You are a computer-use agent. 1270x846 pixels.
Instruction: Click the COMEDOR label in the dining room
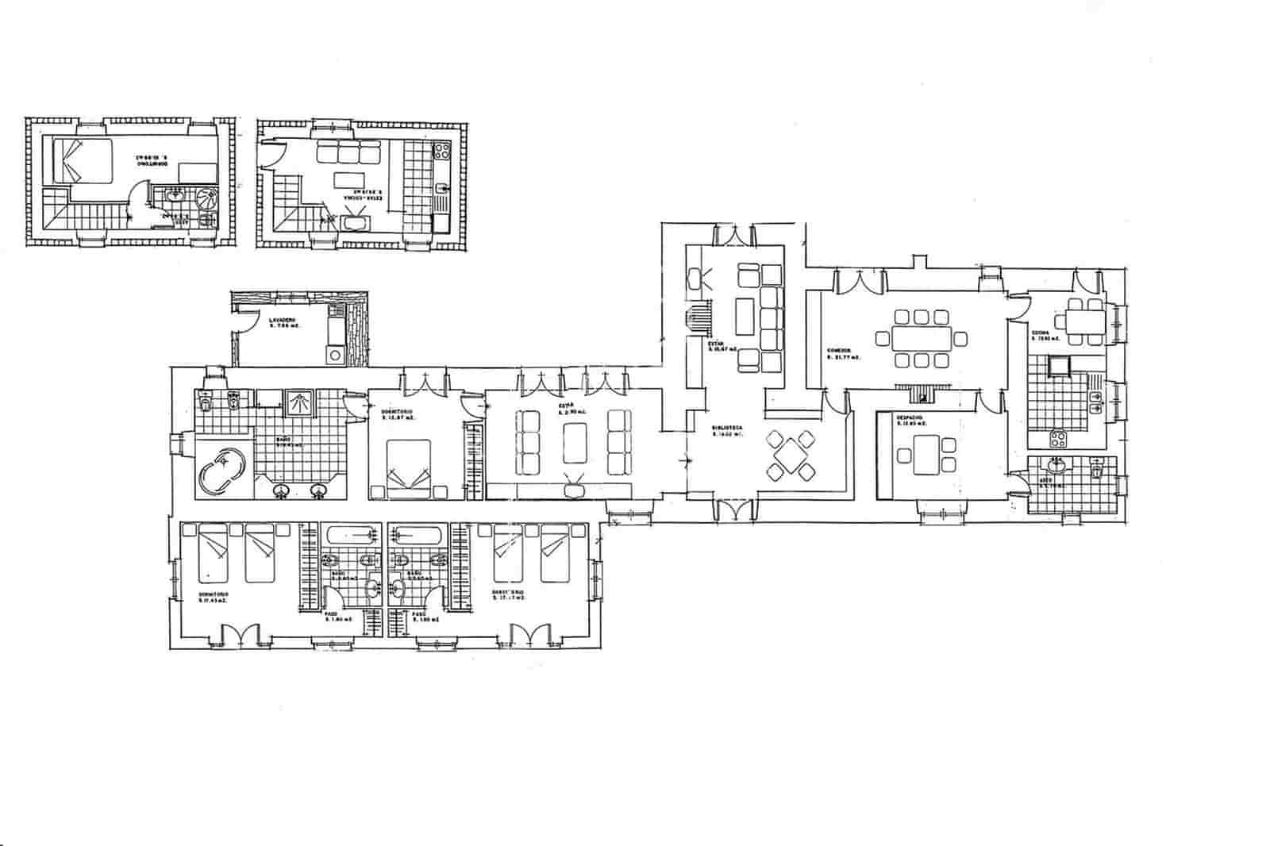click(839, 350)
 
